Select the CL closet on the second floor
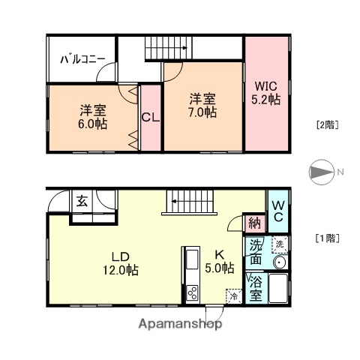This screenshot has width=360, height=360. click(150, 117)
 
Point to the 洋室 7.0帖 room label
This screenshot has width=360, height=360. click(202, 105)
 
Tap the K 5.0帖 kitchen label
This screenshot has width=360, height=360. click(220, 260)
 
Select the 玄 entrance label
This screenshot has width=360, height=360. click(81, 200)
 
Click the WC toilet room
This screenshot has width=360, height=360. click(277, 210)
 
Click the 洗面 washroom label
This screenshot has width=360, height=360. click(255, 253)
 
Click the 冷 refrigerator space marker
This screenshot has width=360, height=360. click(233, 295)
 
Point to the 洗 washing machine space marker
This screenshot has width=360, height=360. click(278, 244)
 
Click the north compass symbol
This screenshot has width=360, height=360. click(320, 173)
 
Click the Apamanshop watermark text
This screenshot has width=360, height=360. click(180, 325)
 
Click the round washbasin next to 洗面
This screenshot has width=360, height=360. click(278, 262)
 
